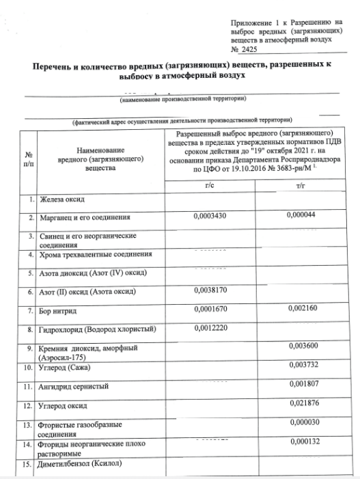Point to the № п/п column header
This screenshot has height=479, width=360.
pos(28,159)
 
